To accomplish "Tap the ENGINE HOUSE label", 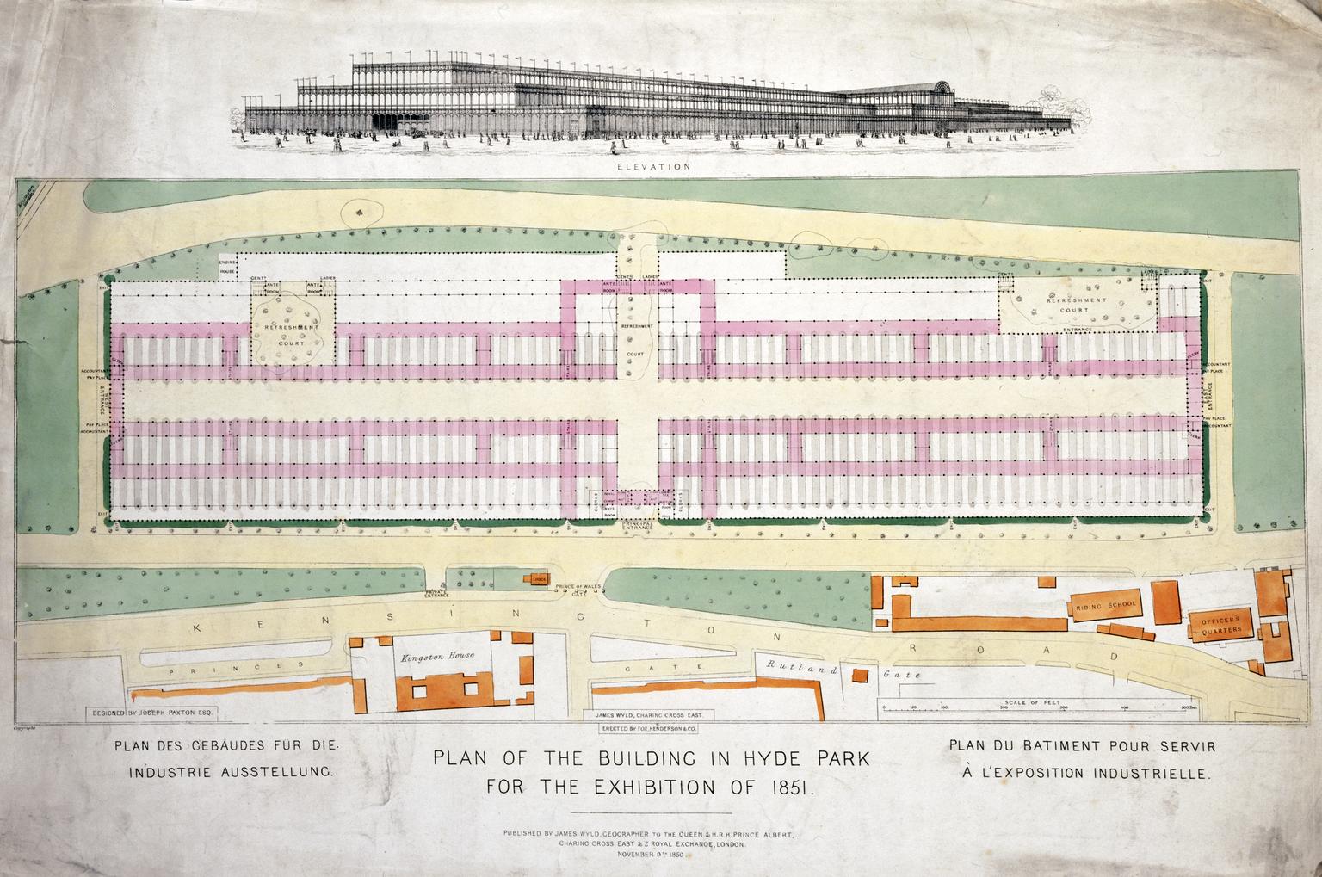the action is [x=227, y=267].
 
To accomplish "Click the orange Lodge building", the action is [x=538, y=577].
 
